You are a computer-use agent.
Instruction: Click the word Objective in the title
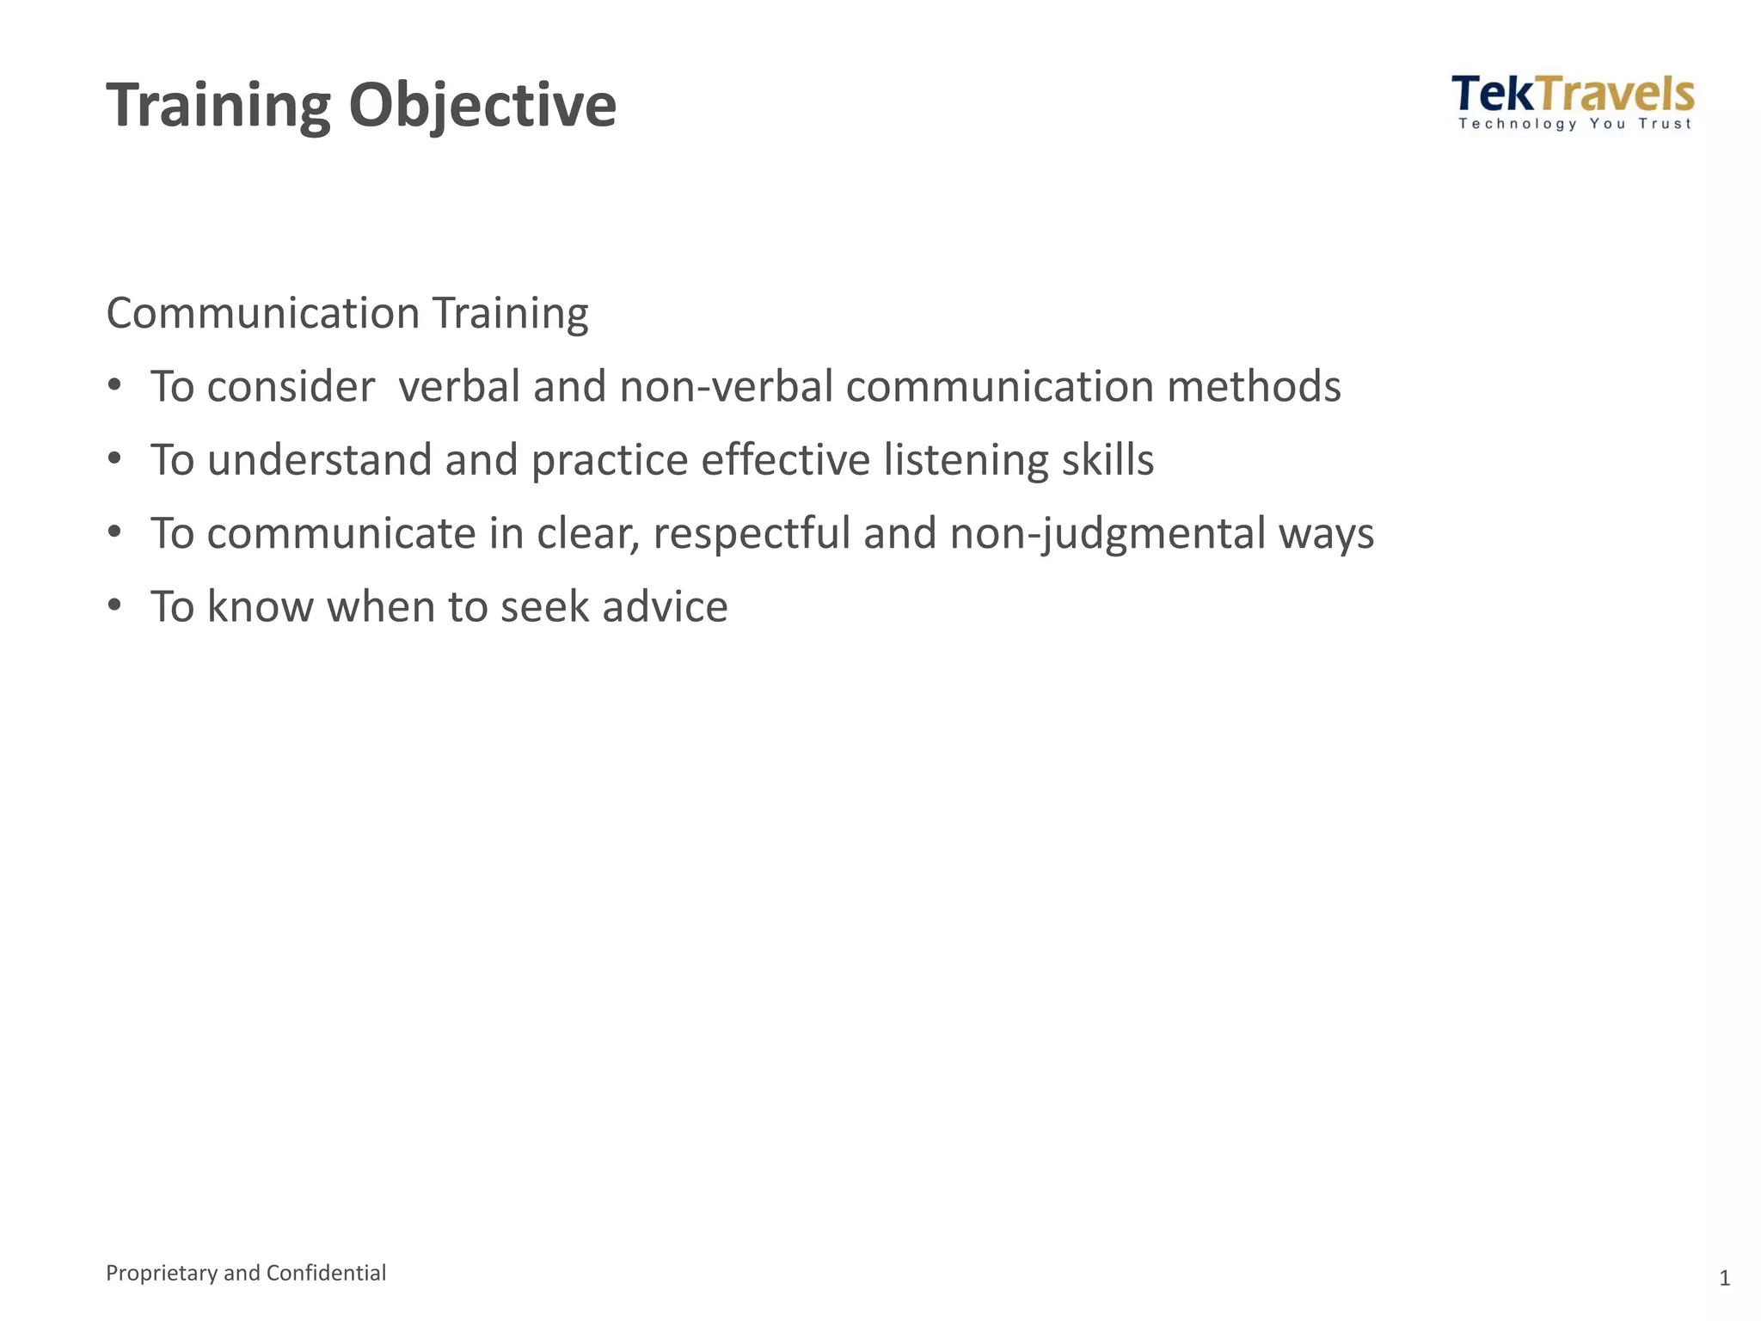[482, 106]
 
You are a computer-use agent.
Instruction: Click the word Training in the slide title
[218, 106]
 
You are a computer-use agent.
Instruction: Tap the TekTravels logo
[1573, 95]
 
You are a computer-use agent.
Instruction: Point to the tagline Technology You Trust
[1574, 124]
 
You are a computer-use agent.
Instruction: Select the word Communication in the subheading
[262, 313]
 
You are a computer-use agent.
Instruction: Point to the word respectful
[752, 533]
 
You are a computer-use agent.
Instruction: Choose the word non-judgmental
[1107, 533]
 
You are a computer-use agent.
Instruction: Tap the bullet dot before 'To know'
[115, 605]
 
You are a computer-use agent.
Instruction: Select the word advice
[665, 606]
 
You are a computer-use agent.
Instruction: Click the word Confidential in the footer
[326, 1273]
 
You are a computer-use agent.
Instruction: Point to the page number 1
[1724, 1279]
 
